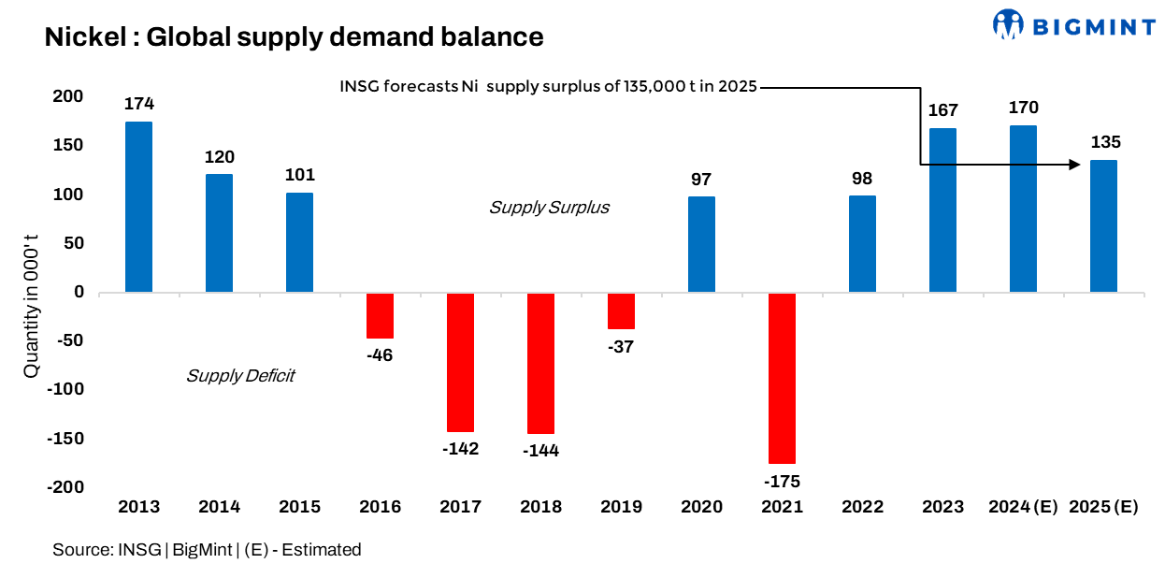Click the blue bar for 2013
coord(138,207)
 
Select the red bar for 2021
coord(782,378)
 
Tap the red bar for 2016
coord(380,315)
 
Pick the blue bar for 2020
coord(701,244)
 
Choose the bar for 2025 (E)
coord(1103,226)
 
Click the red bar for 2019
coord(621,311)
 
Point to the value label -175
coord(782,482)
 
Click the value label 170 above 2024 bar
coord(1023,108)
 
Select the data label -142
coord(460,449)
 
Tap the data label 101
coord(299,175)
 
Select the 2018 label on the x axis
coord(540,507)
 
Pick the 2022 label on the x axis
coord(862,507)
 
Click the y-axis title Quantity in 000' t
coord(32,293)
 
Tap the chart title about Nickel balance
coord(294,37)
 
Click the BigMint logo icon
coord(1008,25)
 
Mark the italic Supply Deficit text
coord(240,376)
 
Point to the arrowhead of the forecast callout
coord(1074,166)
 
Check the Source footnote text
coord(207,550)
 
